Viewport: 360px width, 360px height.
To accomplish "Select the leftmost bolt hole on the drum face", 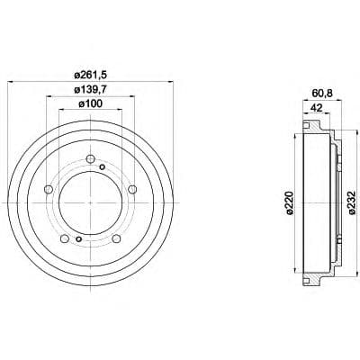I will coord(47,189).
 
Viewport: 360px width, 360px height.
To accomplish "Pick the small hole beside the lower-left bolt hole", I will coord(78,239).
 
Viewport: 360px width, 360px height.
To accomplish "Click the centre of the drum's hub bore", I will coord(89,202).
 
